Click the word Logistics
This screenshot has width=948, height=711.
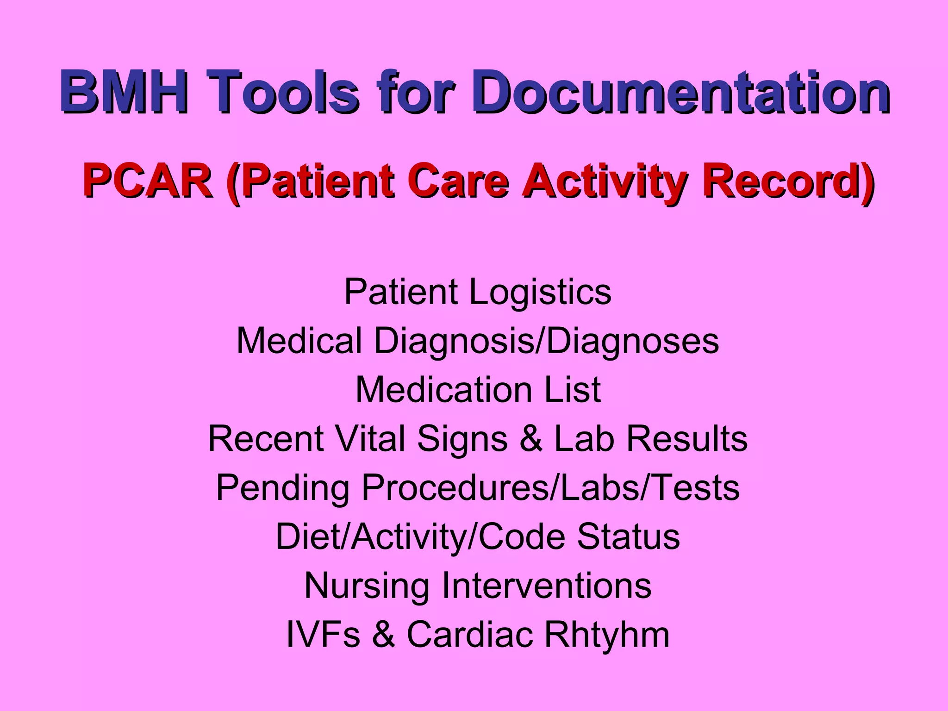click(x=540, y=293)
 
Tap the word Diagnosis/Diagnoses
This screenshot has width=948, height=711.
click(x=546, y=342)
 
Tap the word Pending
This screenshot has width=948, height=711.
click(x=283, y=488)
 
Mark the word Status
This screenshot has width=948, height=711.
click(x=628, y=536)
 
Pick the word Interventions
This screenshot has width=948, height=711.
click(x=547, y=586)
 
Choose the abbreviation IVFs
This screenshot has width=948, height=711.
click(x=323, y=635)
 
